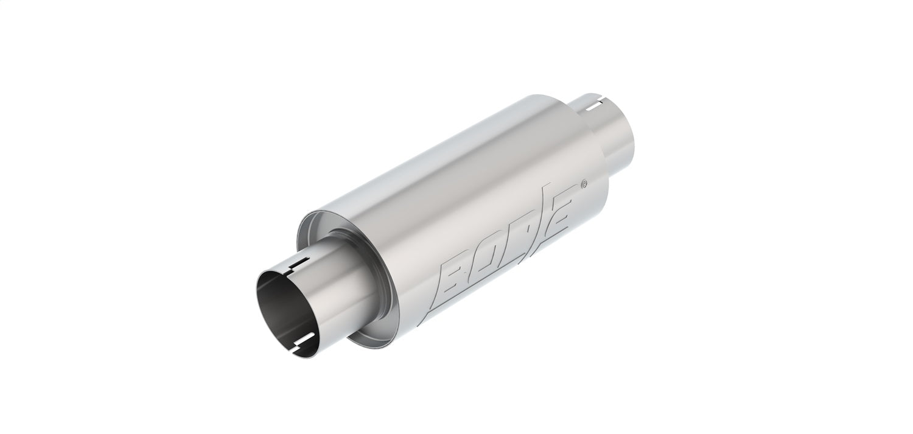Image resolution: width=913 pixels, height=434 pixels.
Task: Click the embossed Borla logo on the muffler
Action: (x=508, y=243)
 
